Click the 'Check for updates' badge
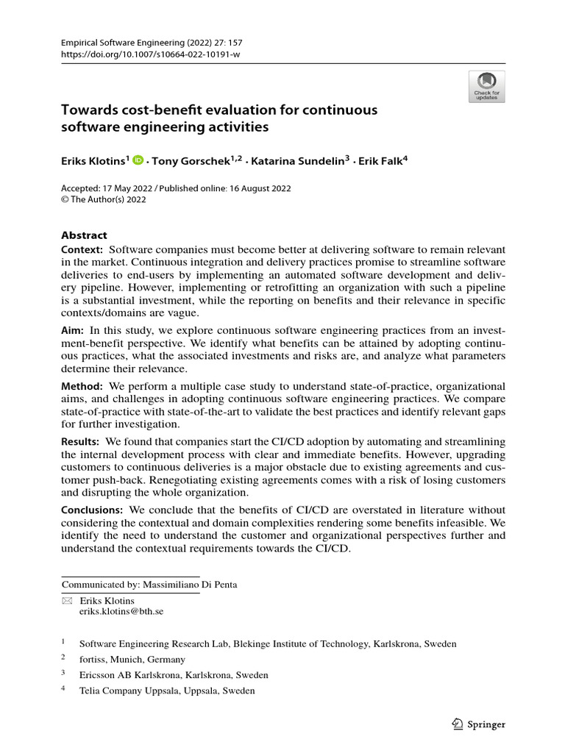pos(486,87)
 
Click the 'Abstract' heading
pos(84,235)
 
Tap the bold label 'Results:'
pos(80,440)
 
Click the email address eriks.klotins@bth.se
pos(121,611)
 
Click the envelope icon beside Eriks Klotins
pos(67,601)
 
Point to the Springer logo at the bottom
pos(477,724)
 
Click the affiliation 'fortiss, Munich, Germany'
pos(132,660)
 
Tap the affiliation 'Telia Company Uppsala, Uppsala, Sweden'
pos(167,690)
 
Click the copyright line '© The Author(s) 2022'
pos(104,199)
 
